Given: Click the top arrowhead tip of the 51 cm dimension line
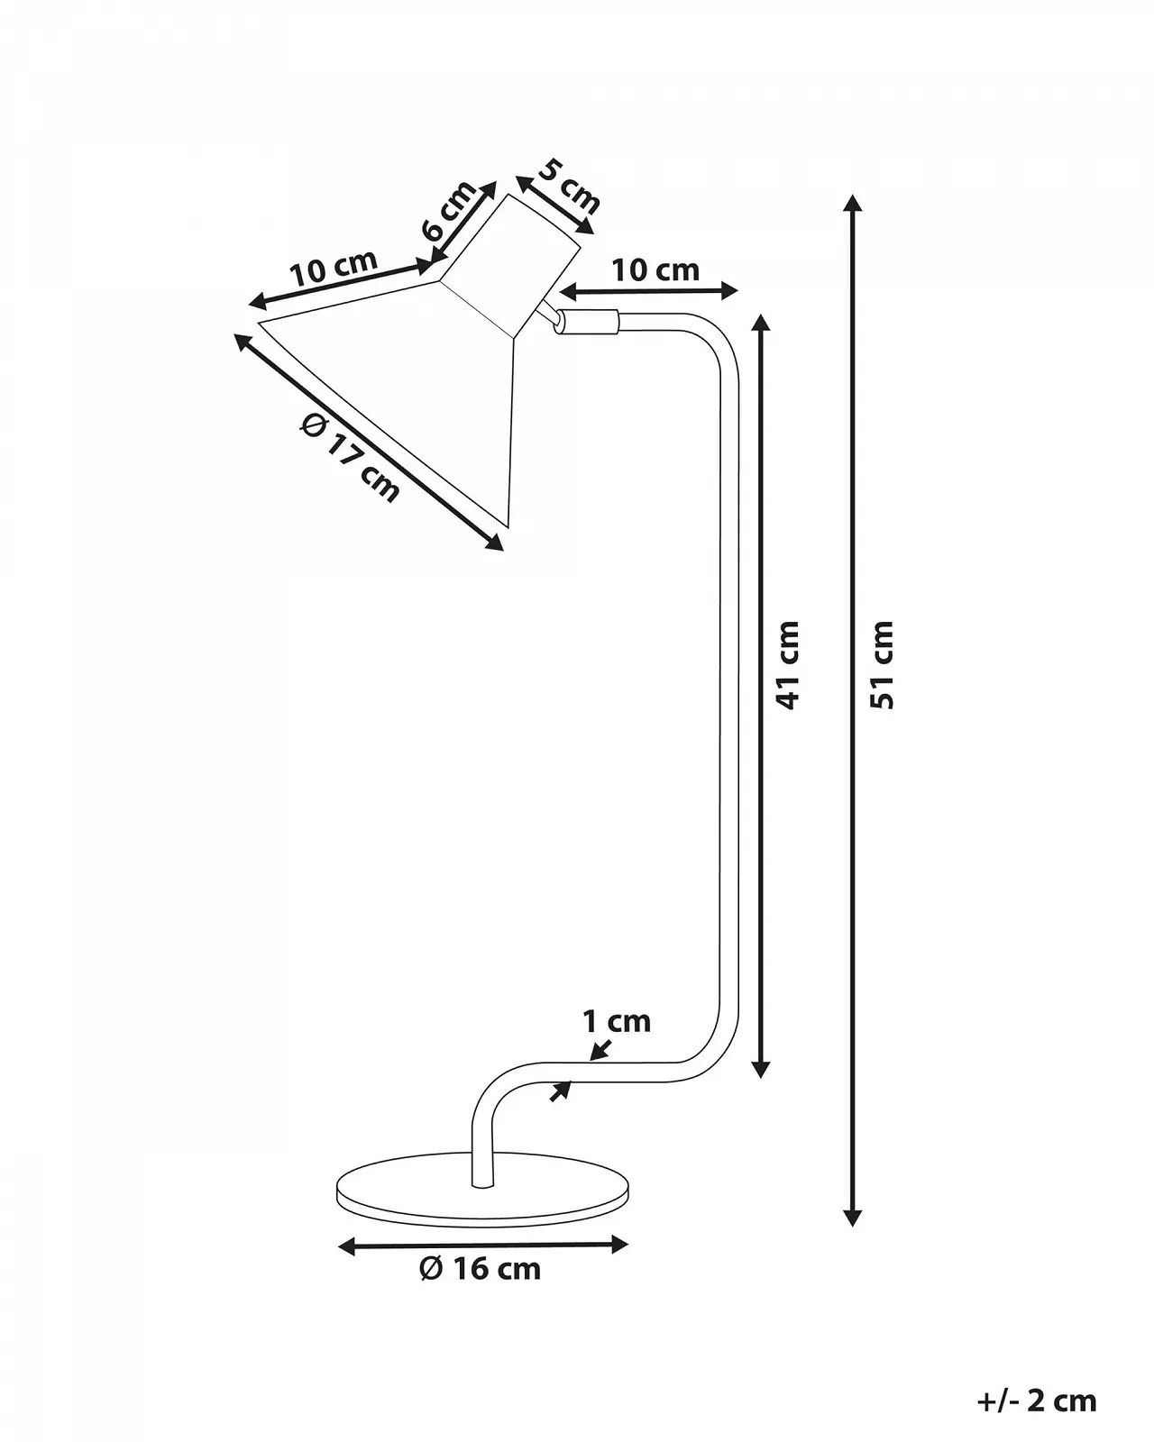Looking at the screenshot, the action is (852, 195).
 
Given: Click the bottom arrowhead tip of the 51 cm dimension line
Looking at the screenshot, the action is (852, 1227).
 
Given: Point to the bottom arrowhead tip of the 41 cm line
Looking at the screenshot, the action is (760, 1078).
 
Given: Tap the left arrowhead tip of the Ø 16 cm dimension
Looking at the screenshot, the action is (338, 1246).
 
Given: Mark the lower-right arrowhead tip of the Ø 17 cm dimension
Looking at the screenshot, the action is (503, 551).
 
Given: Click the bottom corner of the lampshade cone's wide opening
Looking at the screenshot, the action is (508, 526).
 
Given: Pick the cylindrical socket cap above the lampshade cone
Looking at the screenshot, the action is (509, 266).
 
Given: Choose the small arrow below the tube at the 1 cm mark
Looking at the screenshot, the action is (561, 1091).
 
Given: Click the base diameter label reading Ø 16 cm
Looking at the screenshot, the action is (481, 1282).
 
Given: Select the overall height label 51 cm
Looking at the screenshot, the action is (883, 665).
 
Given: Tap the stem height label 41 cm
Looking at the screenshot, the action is (788, 665).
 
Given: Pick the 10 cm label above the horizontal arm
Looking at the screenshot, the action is (655, 270).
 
